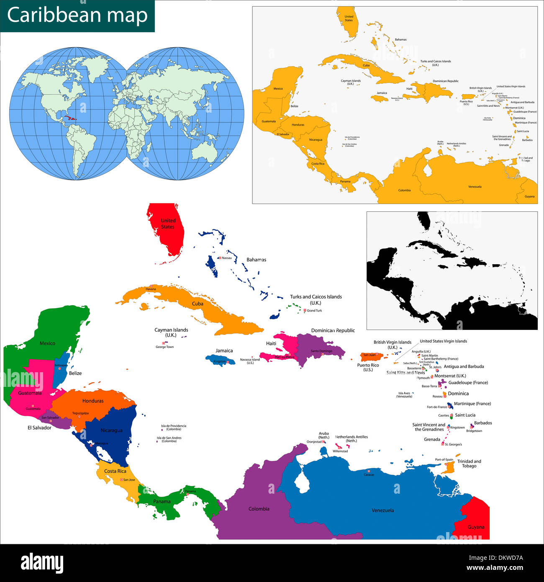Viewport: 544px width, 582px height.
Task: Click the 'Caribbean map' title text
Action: (x=77, y=15)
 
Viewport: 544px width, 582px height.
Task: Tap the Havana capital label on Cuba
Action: (x=151, y=289)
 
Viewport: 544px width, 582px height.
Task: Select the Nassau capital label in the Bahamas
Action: (x=227, y=258)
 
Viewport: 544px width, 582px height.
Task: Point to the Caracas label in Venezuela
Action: (x=369, y=475)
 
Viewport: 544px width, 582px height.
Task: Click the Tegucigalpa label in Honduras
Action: (x=80, y=413)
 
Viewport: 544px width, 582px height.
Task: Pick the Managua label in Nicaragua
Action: (x=102, y=443)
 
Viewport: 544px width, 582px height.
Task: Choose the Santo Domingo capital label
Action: (x=321, y=351)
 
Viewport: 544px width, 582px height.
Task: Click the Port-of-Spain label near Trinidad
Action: (x=444, y=460)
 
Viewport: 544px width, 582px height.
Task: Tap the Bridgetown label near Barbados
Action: (x=474, y=431)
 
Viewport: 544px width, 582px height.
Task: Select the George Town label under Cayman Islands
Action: (x=164, y=347)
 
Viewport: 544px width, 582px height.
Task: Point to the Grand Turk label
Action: (x=314, y=311)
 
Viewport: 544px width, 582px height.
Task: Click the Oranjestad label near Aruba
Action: (x=314, y=442)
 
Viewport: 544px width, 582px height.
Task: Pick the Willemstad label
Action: (x=340, y=451)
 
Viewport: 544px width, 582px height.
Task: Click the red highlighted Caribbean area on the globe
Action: (x=69, y=118)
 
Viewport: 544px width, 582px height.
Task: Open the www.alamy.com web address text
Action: (x=495, y=568)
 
